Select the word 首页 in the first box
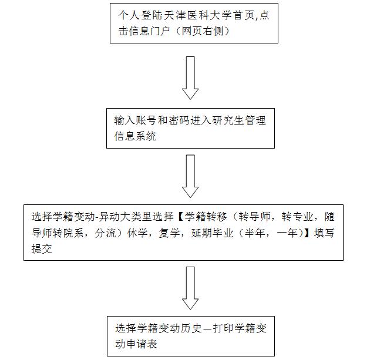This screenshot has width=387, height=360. (x=244, y=15)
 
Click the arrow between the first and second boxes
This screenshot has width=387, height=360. (x=190, y=78)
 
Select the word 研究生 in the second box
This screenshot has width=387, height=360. (x=228, y=120)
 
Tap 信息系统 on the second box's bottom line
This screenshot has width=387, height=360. (x=135, y=136)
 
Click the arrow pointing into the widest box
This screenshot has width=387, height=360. (x=190, y=176)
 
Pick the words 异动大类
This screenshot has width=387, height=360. (x=120, y=217)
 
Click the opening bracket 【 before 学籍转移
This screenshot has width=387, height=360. (x=180, y=217)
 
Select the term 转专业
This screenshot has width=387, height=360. (x=297, y=217)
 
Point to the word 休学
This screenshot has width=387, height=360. (x=137, y=233)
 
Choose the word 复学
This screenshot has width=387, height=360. (x=169, y=233)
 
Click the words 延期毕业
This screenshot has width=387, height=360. (x=212, y=233)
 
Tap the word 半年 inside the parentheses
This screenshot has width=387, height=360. (x=255, y=233)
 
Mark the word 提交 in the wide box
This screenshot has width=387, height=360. (x=42, y=248)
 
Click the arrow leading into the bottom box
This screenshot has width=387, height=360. (x=190, y=288)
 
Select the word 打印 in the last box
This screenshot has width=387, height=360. (x=223, y=328)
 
